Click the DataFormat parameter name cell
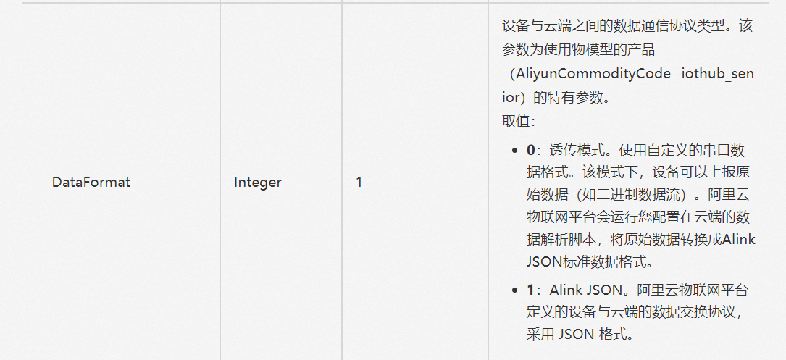91,183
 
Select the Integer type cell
257,183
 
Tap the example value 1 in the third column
359,183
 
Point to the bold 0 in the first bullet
530,151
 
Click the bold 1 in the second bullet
530,290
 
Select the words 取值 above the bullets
515,121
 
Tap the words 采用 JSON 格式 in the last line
580,335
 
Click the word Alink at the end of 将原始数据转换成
739,240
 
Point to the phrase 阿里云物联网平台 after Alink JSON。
693,290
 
